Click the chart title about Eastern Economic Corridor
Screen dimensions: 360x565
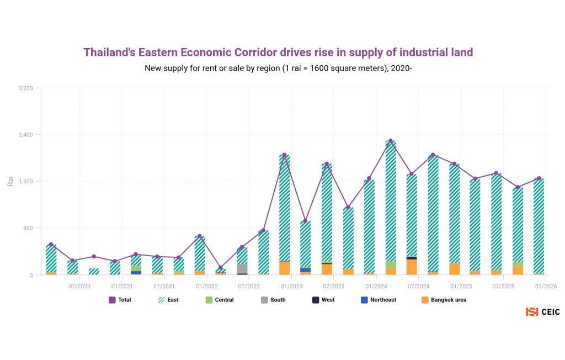click(x=278, y=52)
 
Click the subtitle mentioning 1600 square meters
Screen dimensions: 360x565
click(x=278, y=68)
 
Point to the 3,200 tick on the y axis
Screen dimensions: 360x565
click(x=26, y=88)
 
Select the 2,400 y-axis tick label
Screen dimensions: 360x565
click(x=26, y=135)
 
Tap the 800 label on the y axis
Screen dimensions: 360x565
click(x=28, y=228)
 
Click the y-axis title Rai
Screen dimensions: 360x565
click(x=10, y=181)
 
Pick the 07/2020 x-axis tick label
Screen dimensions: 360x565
click(x=79, y=287)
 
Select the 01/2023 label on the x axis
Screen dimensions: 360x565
click(x=291, y=287)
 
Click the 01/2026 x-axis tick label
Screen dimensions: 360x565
click(x=545, y=287)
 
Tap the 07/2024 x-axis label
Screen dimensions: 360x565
click(x=418, y=287)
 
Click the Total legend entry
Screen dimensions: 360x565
click(x=120, y=300)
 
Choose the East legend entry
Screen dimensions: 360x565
click(x=168, y=300)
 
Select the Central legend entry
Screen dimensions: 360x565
click(x=219, y=300)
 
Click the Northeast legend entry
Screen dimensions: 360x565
click(x=377, y=300)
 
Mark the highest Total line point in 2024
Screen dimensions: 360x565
click(x=391, y=141)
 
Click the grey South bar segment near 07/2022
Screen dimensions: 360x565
click(x=242, y=269)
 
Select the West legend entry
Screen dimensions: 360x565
click(x=322, y=300)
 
